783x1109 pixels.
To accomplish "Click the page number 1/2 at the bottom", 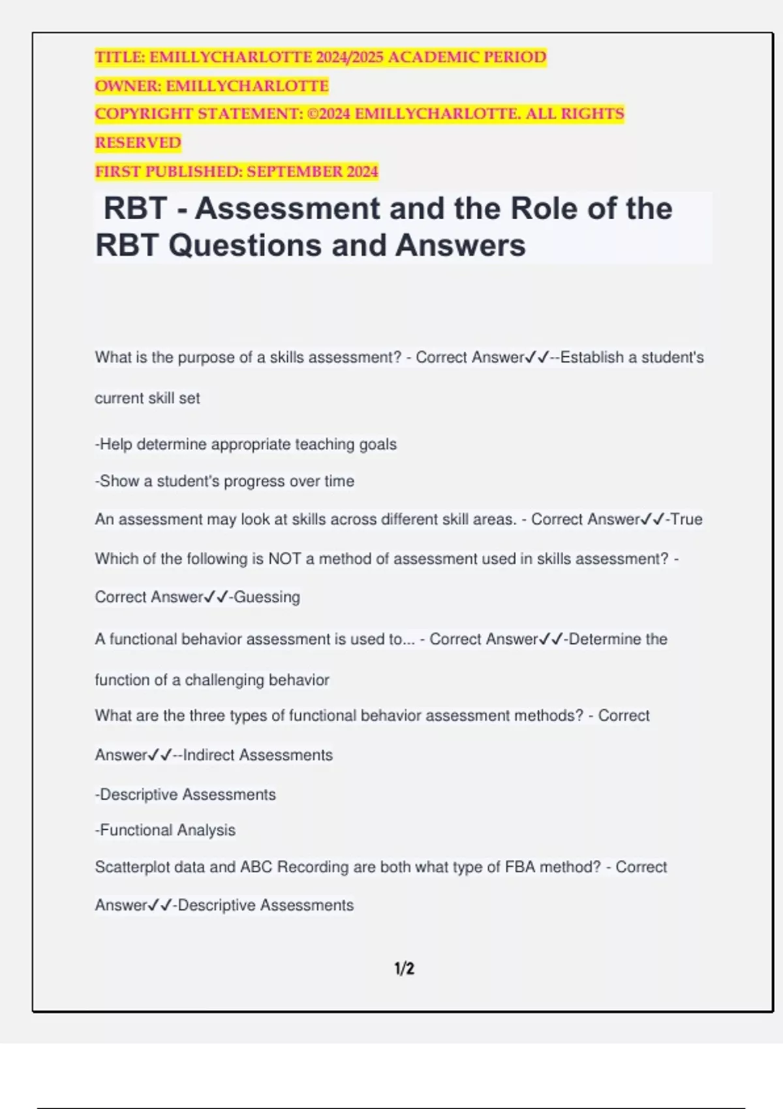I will [x=404, y=969].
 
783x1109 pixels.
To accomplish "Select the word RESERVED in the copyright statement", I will [x=138, y=143].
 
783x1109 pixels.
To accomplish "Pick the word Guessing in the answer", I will [x=267, y=597].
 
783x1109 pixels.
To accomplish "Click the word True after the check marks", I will [x=686, y=519].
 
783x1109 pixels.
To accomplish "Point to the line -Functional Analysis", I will [x=165, y=830].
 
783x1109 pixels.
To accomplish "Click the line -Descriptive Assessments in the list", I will [x=185, y=795].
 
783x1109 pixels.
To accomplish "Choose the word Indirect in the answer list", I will [x=209, y=755].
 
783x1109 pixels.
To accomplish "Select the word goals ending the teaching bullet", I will [x=378, y=444].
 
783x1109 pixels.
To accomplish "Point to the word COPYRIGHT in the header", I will [x=144, y=114].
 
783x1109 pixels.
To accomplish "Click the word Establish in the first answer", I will [x=592, y=357].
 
